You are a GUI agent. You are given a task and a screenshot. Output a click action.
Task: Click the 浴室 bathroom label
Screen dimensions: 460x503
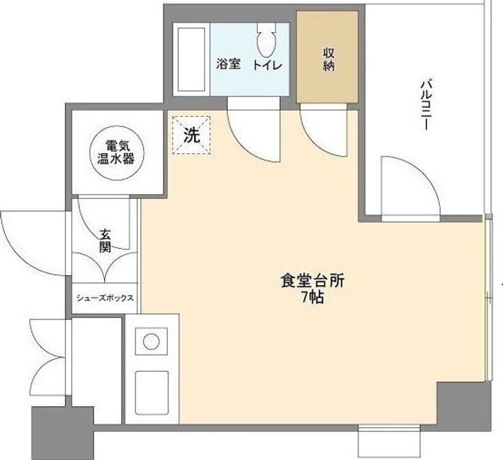pos(228,65)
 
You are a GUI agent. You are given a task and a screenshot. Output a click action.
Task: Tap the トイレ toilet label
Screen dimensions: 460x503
pos(267,65)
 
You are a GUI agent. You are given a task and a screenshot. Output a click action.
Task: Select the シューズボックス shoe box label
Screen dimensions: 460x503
pos(105,298)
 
